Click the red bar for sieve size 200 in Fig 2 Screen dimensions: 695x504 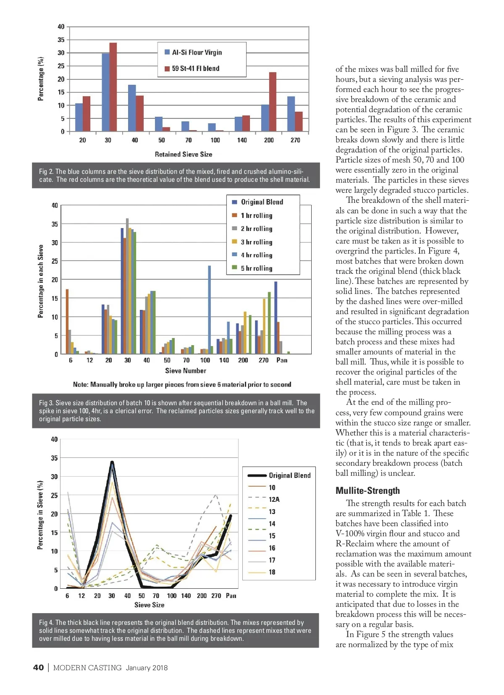pos(273,102)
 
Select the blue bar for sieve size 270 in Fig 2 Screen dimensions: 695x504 pos(291,114)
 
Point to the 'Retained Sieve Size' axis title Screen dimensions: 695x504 pos(184,154)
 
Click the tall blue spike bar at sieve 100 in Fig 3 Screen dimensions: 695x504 pos(209,309)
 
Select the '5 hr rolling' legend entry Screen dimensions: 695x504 pos(256,268)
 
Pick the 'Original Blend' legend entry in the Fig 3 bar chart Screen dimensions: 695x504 pos(262,202)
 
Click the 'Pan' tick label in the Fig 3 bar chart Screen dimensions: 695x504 pos(282,360)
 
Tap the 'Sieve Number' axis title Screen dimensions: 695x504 pos(186,371)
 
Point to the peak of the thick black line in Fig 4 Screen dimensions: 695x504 pos(112,462)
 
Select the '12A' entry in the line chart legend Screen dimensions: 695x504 pos(274,499)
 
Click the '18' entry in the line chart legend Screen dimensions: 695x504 pos(272,572)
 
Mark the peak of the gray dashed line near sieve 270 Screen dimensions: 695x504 pos(216,495)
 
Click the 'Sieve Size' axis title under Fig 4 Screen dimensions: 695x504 pos(150,605)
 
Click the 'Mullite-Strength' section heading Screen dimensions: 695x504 pos(367,490)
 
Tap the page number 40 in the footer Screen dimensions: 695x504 pos(38,667)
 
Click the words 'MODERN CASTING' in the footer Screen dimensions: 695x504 pos(87,668)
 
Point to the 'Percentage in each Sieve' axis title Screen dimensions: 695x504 pos(41,281)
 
